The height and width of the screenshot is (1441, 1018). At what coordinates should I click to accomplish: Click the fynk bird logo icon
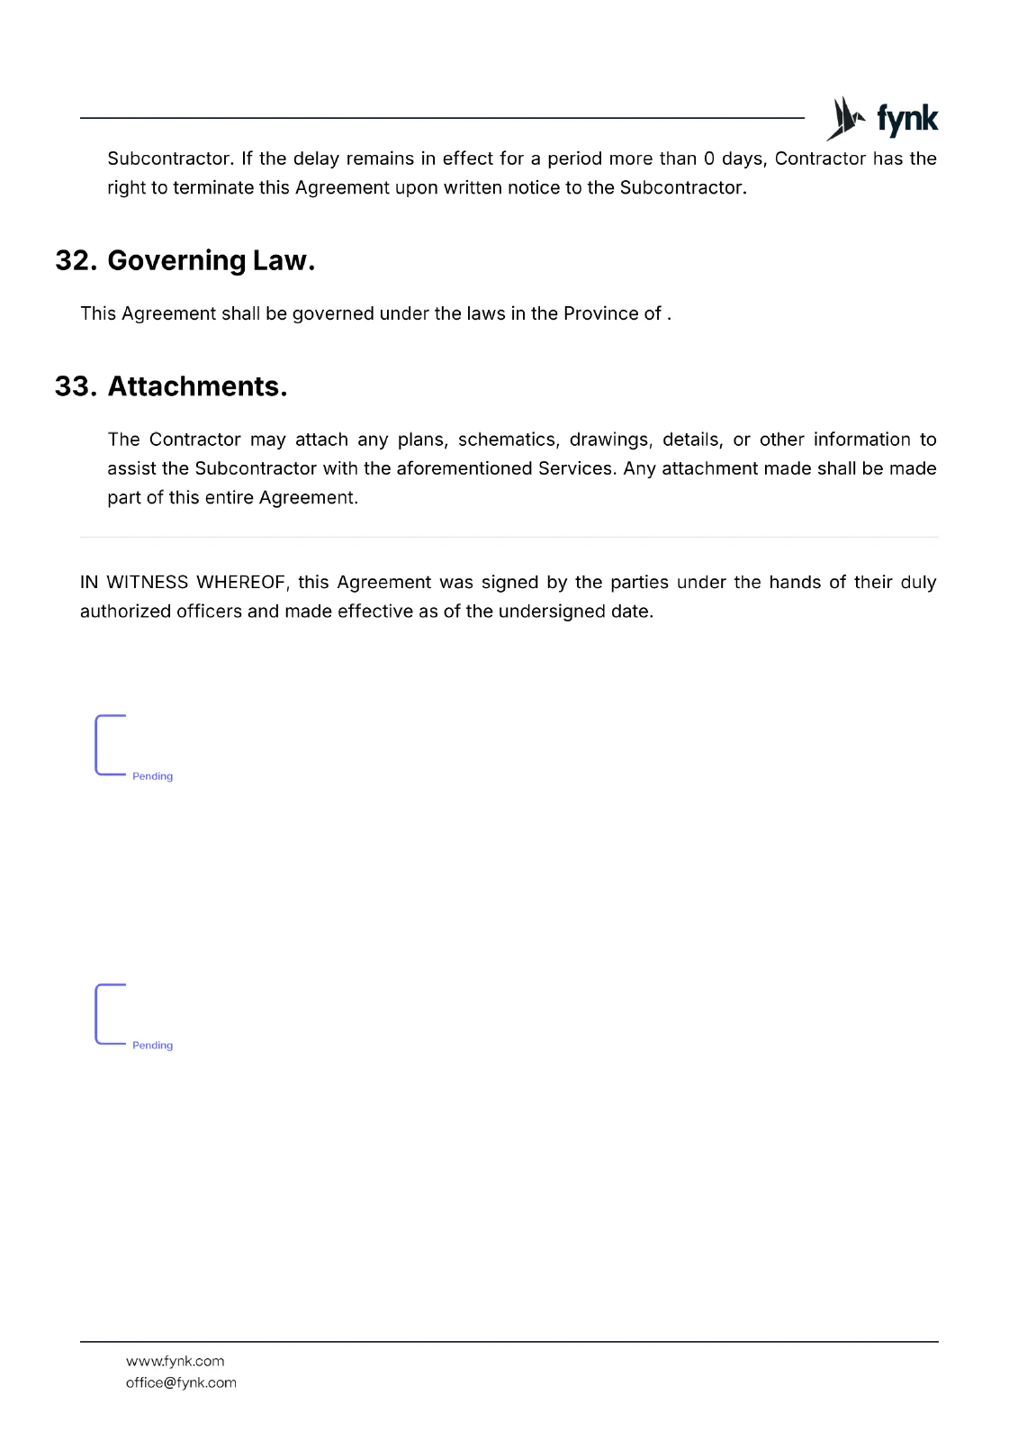tap(845, 119)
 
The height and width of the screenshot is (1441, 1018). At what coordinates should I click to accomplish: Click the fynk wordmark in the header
tap(907, 119)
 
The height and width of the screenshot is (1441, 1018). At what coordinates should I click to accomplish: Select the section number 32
tap(76, 260)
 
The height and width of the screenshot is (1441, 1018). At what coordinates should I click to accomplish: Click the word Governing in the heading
tap(176, 260)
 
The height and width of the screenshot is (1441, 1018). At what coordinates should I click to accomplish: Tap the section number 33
tap(76, 386)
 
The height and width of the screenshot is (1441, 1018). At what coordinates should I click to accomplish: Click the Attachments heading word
tap(197, 386)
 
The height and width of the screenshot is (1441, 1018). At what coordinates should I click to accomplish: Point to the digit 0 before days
tap(709, 159)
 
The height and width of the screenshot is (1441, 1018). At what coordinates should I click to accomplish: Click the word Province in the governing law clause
tap(600, 313)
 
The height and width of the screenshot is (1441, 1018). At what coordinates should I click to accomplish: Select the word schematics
tap(509, 440)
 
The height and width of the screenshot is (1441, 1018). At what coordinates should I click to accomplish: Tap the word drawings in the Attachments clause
tap(611, 440)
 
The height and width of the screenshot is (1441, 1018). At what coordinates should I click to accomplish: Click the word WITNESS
tap(148, 583)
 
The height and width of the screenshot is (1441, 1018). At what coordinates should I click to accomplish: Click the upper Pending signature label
tap(152, 776)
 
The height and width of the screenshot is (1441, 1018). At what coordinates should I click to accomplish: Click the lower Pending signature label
tap(152, 1046)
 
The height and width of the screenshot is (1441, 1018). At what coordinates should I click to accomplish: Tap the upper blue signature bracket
tap(99, 745)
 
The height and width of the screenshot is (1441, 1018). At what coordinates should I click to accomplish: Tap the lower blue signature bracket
tap(99, 1014)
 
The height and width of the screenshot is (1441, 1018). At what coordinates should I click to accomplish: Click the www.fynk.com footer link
tap(175, 1362)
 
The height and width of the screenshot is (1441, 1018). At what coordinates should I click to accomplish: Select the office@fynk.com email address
tap(181, 1383)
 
